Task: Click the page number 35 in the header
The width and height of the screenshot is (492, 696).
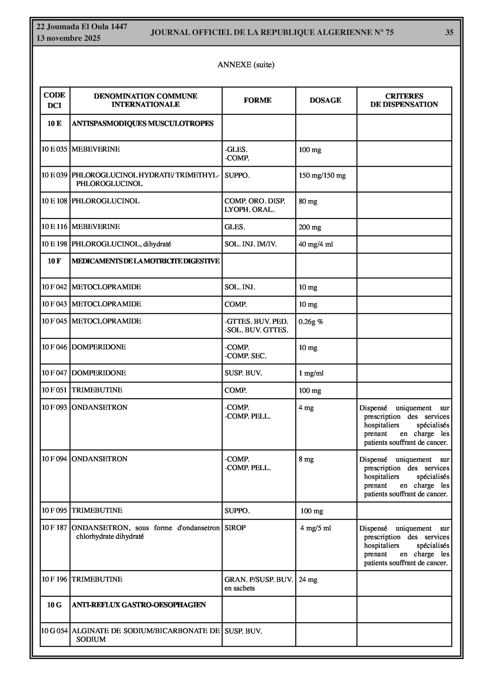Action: (x=449, y=33)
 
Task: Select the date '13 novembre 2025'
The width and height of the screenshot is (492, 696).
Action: (x=68, y=38)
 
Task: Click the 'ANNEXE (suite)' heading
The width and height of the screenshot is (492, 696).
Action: (x=246, y=64)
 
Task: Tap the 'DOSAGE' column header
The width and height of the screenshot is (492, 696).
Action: (x=325, y=100)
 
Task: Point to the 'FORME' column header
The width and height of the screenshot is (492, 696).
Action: (x=257, y=100)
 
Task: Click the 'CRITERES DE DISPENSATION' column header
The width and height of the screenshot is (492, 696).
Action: (x=404, y=100)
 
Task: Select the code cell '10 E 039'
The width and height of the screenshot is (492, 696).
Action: (x=55, y=175)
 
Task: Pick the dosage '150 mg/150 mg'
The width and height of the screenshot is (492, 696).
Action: (x=322, y=176)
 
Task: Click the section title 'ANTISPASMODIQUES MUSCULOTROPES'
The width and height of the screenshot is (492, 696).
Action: (x=143, y=124)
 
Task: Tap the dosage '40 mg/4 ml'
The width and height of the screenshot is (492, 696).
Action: (x=316, y=244)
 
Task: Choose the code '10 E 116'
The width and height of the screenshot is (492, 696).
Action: (x=55, y=227)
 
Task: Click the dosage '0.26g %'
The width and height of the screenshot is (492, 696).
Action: (x=311, y=322)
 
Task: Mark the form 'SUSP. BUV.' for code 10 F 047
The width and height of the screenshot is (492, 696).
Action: (x=243, y=373)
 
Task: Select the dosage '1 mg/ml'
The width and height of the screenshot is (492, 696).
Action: (x=311, y=373)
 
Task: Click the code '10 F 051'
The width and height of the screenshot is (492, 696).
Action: (x=54, y=390)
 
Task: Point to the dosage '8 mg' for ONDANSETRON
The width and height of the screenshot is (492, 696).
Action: (x=306, y=459)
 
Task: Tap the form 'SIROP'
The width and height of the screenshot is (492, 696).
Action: (x=235, y=528)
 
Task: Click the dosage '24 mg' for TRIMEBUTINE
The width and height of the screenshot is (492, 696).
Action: (x=308, y=580)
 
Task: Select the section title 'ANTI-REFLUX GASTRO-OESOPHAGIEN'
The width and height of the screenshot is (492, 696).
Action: (x=139, y=605)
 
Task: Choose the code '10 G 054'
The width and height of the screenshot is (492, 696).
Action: (x=55, y=631)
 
